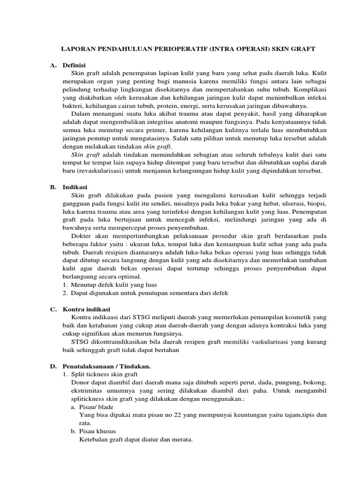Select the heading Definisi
[x=74, y=65]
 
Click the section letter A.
[x=53, y=65]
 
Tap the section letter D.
[x=53, y=366]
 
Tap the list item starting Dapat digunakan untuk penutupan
[x=149, y=293]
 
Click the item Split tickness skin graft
[x=104, y=374]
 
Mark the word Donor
[x=79, y=382]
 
